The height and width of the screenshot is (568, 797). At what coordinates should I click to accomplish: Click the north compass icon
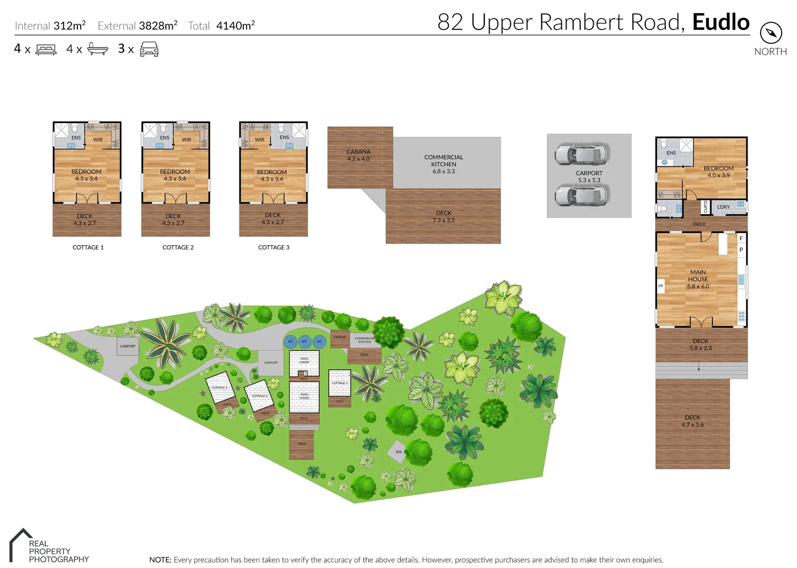pos(771,33)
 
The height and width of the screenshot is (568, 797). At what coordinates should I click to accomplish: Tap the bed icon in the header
pos(46,50)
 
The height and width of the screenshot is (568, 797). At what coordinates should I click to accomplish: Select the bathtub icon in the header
pos(97,49)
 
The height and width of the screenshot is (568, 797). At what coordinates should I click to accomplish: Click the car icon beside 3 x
pos(149,49)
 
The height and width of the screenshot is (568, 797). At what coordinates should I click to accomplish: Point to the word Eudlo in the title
pos(721,22)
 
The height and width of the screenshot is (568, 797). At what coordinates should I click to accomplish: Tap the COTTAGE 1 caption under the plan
pos(88,247)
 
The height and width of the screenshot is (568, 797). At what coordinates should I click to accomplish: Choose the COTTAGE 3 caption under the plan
pos(274,247)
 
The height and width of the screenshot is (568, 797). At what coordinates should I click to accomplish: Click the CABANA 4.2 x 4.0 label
pos(358,155)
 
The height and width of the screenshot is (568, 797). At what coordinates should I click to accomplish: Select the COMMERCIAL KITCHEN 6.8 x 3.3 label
pos(444,164)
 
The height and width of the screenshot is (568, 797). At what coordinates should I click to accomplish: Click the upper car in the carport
pos(581,154)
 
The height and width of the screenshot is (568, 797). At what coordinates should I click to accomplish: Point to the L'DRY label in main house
pos(723,207)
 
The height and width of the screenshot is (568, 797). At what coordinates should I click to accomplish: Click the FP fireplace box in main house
pos(661,286)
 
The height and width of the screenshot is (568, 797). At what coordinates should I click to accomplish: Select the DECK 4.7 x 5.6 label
pos(692,421)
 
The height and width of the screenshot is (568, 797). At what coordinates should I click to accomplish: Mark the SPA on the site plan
pos(398,452)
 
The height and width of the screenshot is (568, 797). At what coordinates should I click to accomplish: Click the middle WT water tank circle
pos(304,342)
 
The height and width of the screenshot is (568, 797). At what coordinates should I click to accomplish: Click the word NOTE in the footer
pos(160,560)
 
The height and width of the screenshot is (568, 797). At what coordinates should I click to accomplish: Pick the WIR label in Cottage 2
pos(186,140)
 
